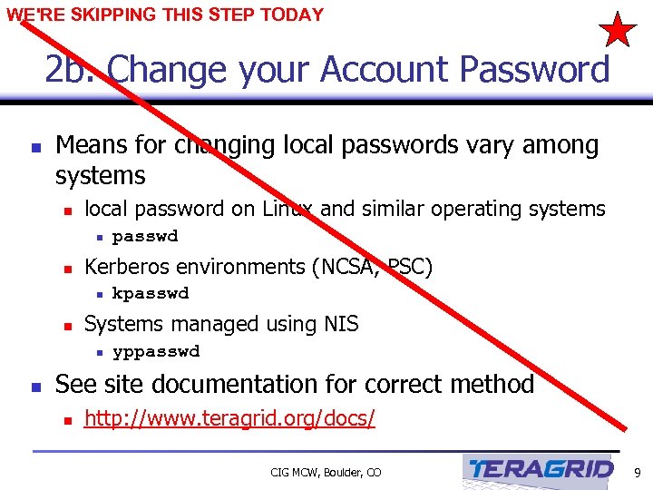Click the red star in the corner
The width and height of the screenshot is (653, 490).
click(x=619, y=30)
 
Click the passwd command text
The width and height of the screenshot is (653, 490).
click(x=144, y=237)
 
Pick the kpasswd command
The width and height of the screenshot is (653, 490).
click(x=150, y=293)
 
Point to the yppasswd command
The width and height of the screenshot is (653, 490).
click(x=155, y=351)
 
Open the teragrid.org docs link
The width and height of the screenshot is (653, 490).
click(x=229, y=418)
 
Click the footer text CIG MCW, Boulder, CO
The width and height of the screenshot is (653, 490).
click(x=326, y=472)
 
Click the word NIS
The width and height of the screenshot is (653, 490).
click(x=338, y=324)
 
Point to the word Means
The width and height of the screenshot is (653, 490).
click(x=89, y=145)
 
